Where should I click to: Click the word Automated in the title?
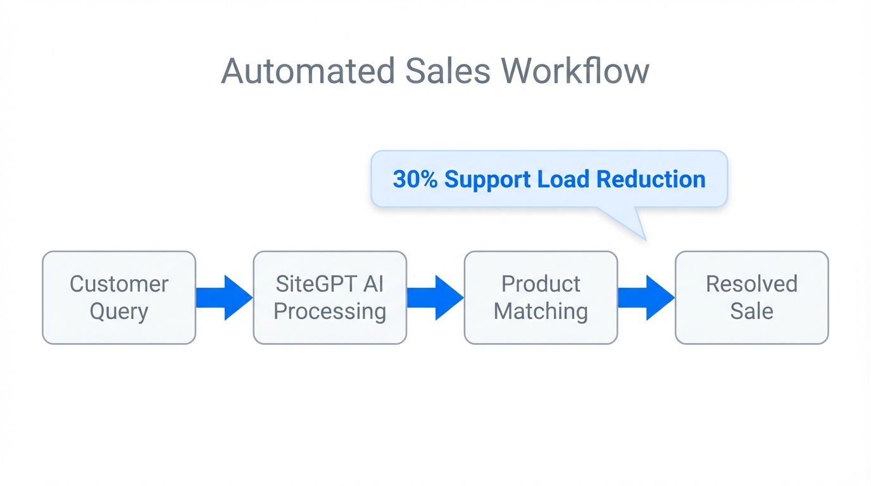tap(308, 71)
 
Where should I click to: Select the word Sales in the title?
tap(448, 71)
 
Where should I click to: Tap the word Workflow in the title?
tap(575, 71)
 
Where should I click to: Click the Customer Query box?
tap(119, 297)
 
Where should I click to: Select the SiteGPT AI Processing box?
tap(330, 297)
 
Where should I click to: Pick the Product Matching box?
tap(541, 297)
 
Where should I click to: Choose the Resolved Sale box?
tap(751, 297)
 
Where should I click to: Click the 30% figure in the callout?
tap(415, 180)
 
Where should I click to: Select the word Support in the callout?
tap(488, 180)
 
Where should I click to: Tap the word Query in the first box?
tap(119, 311)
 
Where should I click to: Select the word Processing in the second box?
tap(330, 311)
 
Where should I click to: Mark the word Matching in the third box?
tap(541, 311)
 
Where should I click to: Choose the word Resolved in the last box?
tap(751, 283)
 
